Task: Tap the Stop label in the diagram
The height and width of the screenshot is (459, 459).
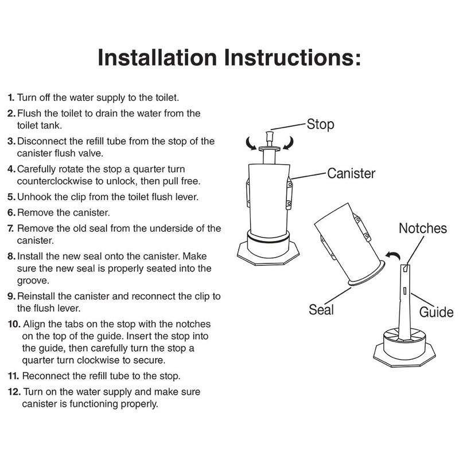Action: [321, 123]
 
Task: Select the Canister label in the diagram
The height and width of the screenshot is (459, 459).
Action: [351, 173]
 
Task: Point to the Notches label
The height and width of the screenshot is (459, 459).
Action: [423, 228]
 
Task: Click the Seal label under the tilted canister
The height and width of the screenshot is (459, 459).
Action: [321, 310]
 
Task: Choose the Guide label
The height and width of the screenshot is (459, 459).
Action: [436, 313]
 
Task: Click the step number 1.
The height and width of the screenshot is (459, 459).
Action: [11, 98]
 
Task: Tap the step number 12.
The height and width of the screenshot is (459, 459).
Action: [14, 392]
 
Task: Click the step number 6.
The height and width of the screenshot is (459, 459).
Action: [11, 212]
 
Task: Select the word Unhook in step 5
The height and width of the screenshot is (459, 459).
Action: [33, 197]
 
